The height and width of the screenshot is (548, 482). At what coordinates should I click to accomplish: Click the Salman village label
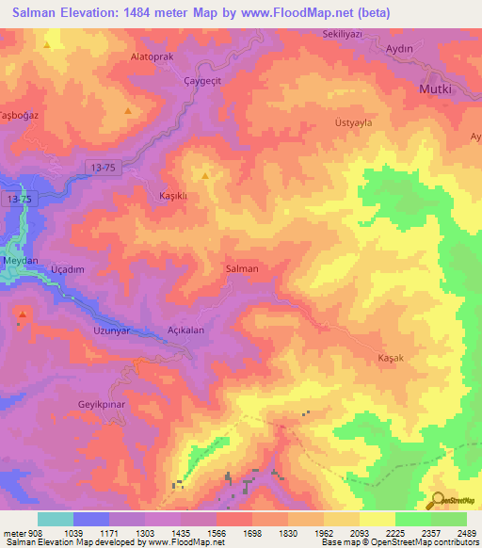click(242, 269)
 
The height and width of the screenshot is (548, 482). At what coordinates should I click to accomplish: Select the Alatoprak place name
click(150, 56)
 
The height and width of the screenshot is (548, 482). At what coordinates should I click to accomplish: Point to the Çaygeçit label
click(200, 81)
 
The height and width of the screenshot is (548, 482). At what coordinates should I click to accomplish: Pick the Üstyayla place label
click(380, 122)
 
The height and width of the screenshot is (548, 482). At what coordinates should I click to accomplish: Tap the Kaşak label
click(390, 359)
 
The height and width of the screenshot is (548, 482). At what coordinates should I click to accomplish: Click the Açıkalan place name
click(185, 330)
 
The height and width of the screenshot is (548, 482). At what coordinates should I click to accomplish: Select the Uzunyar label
click(110, 330)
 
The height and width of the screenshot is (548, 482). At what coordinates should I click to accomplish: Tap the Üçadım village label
click(68, 269)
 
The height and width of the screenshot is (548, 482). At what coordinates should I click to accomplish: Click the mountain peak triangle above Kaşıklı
click(205, 175)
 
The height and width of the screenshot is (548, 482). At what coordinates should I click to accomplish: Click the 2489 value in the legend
click(464, 533)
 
